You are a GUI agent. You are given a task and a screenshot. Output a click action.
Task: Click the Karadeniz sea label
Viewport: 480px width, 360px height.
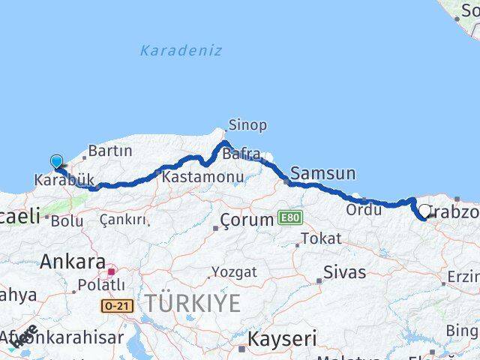(x=181, y=51)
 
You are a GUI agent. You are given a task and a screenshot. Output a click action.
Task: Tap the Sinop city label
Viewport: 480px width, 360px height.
(x=247, y=125)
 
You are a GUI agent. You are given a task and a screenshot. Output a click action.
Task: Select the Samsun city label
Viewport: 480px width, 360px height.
(x=322, y=173)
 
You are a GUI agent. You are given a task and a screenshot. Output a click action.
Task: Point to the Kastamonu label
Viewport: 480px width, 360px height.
(x=202, y=178)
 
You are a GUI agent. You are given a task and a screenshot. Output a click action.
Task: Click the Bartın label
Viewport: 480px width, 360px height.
(x=109, y=151)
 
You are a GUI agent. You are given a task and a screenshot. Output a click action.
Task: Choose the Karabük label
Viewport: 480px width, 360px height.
(x=64, y=180)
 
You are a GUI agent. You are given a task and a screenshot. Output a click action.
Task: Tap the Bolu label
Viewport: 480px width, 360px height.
(x=67, y=220)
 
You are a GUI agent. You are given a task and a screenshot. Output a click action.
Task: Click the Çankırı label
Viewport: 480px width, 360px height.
(x=123, y=220)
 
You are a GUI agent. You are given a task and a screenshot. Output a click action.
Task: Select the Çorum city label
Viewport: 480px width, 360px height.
(x=247, y=220)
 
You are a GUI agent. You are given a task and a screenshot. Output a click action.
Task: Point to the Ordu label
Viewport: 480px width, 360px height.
(x=364, y=211)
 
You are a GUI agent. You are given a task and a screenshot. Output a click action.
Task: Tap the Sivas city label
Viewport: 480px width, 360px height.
(x=345, y=271)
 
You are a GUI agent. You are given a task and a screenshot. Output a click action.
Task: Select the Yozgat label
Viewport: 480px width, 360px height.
(x=233, y=271)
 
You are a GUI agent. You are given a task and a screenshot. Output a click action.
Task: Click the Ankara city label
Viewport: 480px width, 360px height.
(x=72, y=262)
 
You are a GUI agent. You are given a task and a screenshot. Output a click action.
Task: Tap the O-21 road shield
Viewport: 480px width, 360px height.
(x=115, y=305)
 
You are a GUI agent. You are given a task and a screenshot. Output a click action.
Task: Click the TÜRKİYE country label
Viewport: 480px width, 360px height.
(x=193, y=304)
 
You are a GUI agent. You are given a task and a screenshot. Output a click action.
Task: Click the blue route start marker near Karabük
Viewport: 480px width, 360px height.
(x=56, y=161)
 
